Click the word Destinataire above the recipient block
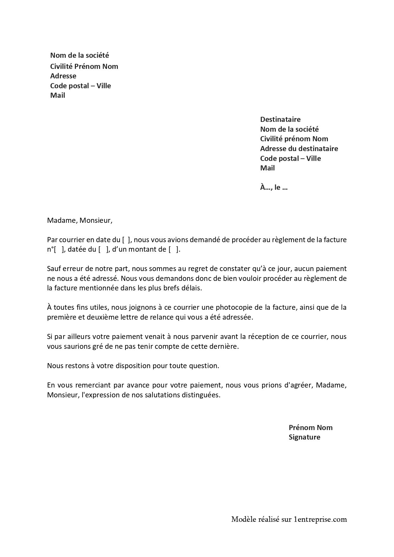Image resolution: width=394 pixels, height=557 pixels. [280, 119]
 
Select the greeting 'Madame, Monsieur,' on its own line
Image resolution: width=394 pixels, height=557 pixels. [79, 220]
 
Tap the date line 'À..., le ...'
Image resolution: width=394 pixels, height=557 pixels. [274, 187]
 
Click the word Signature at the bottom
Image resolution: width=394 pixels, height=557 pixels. [304, 437]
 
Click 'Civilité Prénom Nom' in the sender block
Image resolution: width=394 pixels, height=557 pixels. [84, 66]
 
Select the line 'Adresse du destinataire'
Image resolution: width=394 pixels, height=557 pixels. [299, 149]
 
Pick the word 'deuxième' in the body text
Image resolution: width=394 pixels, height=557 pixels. [107, 317]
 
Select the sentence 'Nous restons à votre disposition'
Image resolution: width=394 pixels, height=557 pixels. [133, 366]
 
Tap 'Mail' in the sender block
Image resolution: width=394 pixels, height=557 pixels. [58, 95]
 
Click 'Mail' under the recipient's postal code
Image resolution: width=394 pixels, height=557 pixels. [267, 168]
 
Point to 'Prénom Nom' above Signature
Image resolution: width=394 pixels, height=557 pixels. [310, 427]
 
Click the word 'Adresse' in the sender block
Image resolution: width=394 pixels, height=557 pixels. [63, 76]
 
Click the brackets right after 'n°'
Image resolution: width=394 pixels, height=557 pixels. [58, 249]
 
